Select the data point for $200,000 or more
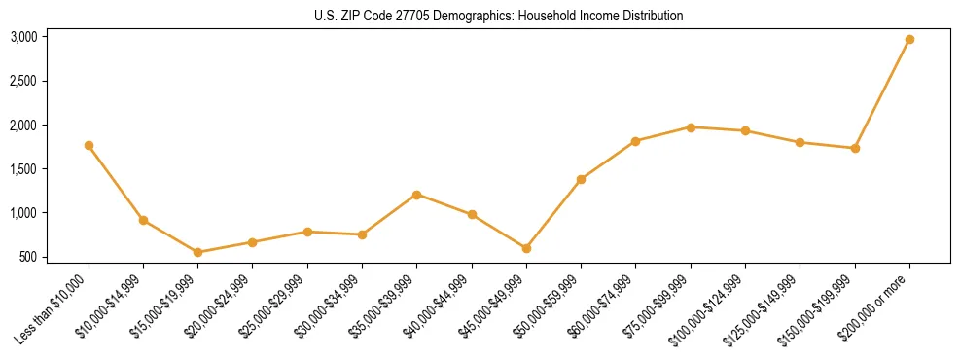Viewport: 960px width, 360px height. click(909, 40)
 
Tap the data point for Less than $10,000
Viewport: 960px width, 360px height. click(89, 145)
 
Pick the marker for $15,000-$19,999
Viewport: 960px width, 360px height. click(197, 252)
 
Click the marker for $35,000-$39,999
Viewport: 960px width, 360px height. click(416, 195)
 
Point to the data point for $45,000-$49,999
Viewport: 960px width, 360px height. click(526, 248)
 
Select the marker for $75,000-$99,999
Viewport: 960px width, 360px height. click(691, 127)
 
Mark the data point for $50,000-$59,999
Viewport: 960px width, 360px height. click(581, 179)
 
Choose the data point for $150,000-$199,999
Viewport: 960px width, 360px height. click(855, 148)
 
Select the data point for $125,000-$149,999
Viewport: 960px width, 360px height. click(800, 142)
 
